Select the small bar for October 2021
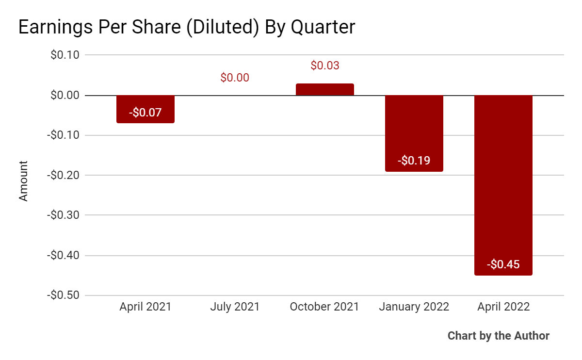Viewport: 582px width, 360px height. [x=324, y=89]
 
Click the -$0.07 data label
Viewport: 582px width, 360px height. [x=145, y=113]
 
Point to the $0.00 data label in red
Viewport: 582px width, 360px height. [x=235, y=78]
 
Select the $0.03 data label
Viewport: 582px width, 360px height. [x=324, y=65]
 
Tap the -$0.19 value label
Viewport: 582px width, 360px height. [x=414, y=161]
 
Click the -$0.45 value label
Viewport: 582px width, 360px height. [x=503, y=264]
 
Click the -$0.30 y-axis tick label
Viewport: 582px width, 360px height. [x=64, y=215]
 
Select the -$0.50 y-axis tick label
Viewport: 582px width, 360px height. [x=64, y=295]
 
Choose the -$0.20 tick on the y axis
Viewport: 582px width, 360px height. [x=64, y=175]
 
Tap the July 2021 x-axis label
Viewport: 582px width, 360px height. [x=235, y=307]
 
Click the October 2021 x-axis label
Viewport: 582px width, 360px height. [x=324, y=307]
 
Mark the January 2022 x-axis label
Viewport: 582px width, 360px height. [x=414, y=307]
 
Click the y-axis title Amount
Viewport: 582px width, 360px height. [x=23, y=181]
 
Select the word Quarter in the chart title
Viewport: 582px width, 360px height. [x=323, y=28]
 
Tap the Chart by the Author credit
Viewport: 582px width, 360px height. [x=498, y=336]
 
